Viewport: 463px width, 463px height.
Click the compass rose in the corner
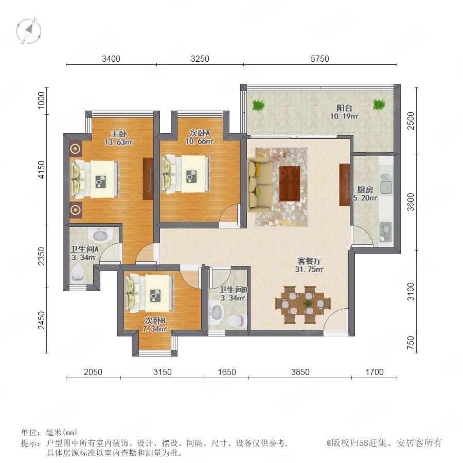coord(29,31)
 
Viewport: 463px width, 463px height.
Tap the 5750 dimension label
coord(320,59)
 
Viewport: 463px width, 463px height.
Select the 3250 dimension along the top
coord(200,59)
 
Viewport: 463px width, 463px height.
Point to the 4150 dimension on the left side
coord(42,169)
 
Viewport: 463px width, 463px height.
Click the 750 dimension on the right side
coord(411,343)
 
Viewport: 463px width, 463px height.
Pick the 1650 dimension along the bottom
coord(227,372)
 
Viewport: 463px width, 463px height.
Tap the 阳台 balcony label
coord(344,108)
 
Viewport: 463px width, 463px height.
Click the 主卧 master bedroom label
coord(119,134)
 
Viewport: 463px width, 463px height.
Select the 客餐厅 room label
coord(309,261)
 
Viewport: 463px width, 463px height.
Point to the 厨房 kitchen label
coord(365,189)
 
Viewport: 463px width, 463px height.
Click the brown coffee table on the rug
coord(290,184)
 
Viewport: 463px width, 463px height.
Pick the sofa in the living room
coord(260,185)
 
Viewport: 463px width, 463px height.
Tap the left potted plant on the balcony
coord(258,105)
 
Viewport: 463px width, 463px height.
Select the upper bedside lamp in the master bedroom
coord(76,149)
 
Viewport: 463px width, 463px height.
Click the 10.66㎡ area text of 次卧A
coord(199,141)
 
